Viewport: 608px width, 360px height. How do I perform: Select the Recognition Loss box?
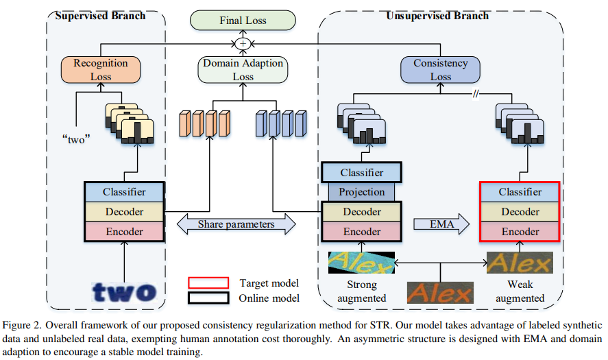coord(101,69)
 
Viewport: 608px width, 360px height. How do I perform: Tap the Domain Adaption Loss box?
coord(243,69)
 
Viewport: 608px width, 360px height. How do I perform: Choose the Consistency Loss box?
coord(440,69)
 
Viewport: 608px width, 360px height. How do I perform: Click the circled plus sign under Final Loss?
coord(242,43)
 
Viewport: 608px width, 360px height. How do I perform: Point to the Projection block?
coord(362,192)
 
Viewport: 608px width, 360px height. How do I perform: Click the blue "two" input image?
coord(124,291)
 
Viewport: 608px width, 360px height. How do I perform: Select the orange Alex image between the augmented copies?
coord(440,293)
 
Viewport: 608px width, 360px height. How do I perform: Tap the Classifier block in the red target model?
coord(520,193)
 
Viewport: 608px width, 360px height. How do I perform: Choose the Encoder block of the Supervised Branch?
coord(124,231)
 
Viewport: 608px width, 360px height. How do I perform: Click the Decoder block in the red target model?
coord(520,212)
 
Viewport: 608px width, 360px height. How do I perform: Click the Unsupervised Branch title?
coord(437,15)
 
